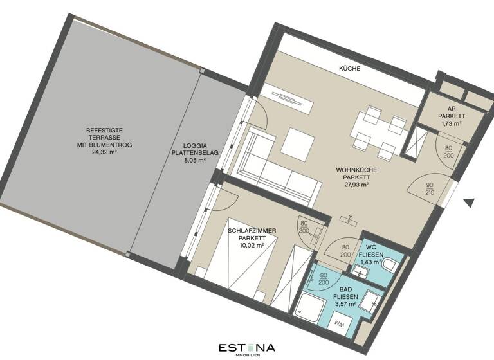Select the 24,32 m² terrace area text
[x=104, y=153]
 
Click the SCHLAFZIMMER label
[x=248, y=229]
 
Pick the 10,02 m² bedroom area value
[x=248, y=245]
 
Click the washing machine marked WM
[x=340, y=326]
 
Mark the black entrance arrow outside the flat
[x=469, y=203]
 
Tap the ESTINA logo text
[x=246, y=347]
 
